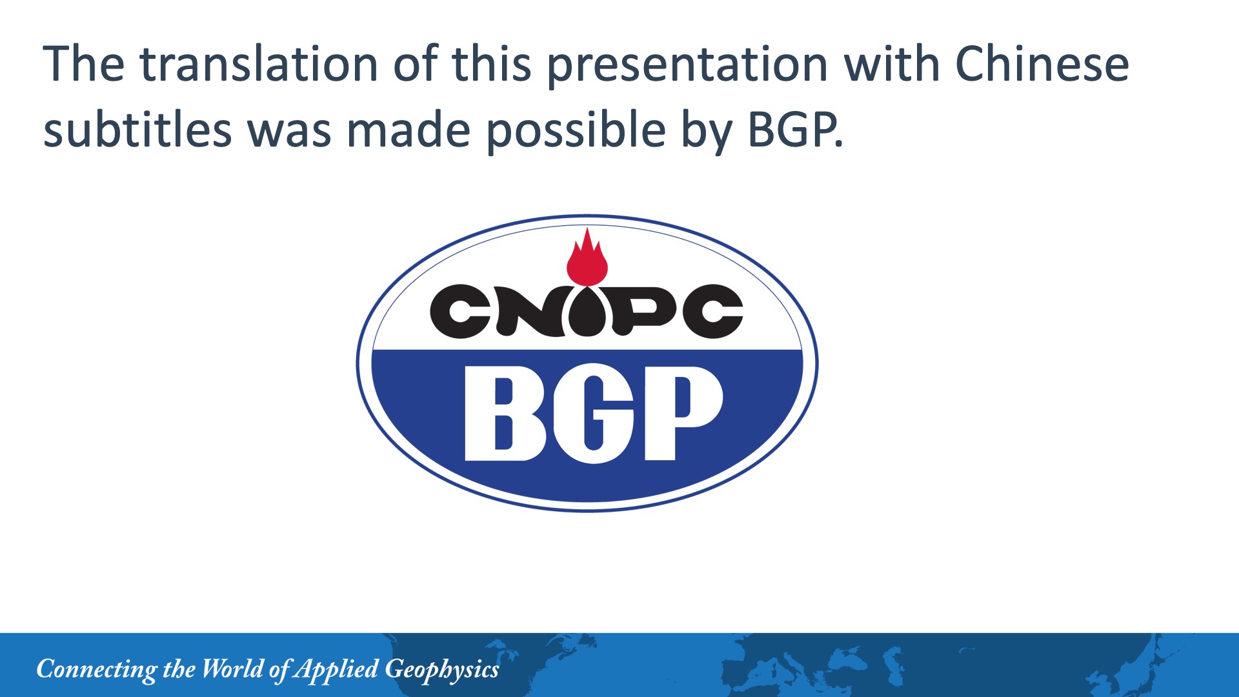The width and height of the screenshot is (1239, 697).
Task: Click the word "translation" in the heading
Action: click(x=259, y=64)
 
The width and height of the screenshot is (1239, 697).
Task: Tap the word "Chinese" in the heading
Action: click(x=1042, y=64)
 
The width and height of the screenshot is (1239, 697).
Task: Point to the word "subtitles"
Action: click(x=137, y=128)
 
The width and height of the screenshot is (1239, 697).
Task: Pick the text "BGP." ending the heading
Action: click(x=795, y=129)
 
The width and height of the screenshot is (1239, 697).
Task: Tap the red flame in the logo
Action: click(x=587, y=257)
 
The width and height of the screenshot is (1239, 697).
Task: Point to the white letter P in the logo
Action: click(x=683, y=413)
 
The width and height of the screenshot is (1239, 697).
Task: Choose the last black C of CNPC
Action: click(x=713, y=312)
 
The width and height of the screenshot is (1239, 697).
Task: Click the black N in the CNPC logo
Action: click(x=528, y=311)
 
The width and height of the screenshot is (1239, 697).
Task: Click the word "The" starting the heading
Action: click(x=83, y=64)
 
